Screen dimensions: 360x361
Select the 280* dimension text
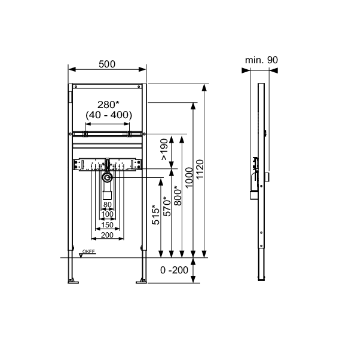[108, 104]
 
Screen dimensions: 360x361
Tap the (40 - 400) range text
[108, 115]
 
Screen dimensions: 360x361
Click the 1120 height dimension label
[200, 170]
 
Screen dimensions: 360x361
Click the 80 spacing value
[108, 205]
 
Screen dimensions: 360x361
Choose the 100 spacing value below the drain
[108, 214]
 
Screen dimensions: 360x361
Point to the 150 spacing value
[108, 224]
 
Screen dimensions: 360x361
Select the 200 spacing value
[108, 236]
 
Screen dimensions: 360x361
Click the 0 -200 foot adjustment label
[175, 270]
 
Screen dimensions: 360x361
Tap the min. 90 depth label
[262, 60]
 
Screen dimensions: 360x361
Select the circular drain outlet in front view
[107, 178]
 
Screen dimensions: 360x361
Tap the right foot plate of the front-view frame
[142, 280]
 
